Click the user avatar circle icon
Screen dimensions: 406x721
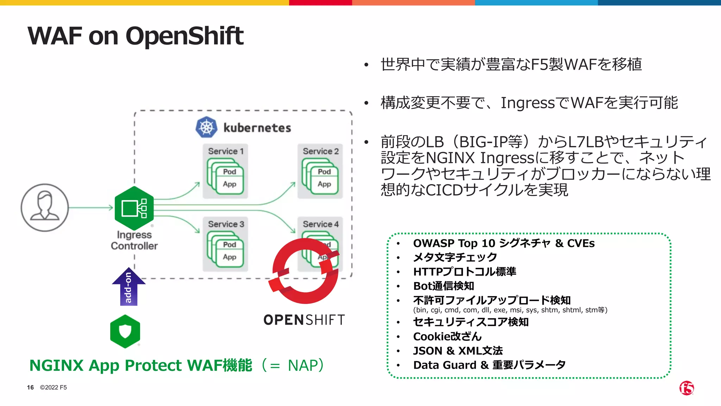(45, 208)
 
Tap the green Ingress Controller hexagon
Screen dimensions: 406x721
(134, 208)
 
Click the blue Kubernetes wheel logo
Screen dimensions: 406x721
(206, 127)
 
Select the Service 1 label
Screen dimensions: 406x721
(226, 151)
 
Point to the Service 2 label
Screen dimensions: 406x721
(321, 151)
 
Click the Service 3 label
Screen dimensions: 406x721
(226, 224)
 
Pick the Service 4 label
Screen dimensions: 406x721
(321, 224)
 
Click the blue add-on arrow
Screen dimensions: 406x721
(128, 286)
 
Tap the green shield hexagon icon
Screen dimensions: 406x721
(125, 331)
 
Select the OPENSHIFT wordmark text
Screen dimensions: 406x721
(304, 320)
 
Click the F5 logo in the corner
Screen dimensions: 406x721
(686, 388)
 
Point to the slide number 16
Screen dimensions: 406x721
(30, 387)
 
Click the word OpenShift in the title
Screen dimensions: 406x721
(184, 36)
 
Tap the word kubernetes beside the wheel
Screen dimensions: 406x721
(257, 128)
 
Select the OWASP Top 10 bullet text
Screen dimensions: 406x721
(503, 243)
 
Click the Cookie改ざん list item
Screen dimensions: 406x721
(447, 337)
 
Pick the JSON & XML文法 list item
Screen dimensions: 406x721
(458, 351)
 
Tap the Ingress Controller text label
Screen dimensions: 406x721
(134, 240)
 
